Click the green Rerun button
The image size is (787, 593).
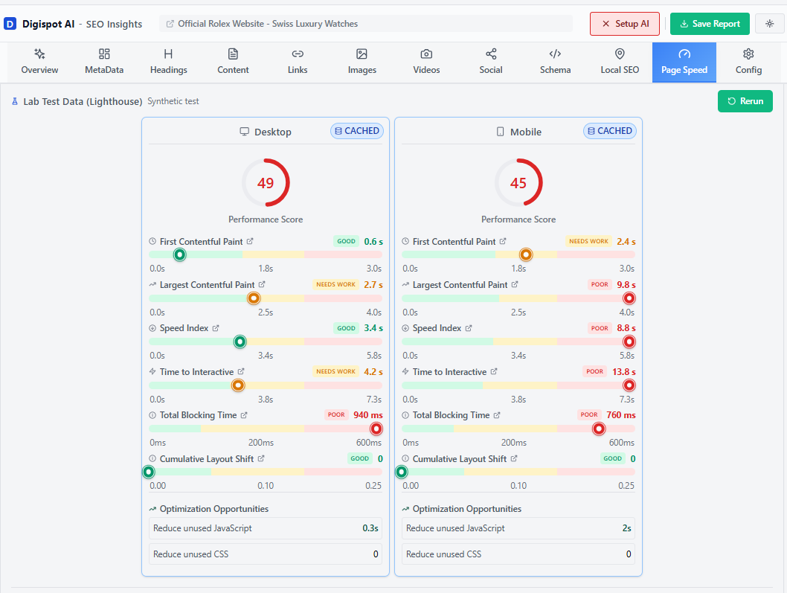745,101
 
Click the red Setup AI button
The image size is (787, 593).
625,24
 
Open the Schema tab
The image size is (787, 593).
555,62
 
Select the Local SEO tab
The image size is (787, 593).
620,62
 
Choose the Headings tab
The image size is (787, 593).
168,62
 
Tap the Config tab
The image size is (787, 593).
748,62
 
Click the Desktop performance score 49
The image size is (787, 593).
266,183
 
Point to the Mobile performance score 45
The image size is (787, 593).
518,183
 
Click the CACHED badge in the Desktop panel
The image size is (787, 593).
356,131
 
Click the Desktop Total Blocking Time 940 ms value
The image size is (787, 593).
368,415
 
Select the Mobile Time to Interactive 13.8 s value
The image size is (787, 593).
623,372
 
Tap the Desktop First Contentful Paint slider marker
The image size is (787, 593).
179,254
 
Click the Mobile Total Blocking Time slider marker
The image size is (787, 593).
599,429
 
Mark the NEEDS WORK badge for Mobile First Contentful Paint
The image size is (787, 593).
588,242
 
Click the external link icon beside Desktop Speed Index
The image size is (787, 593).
216,328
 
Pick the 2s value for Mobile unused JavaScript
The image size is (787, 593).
626,528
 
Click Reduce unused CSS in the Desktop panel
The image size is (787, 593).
190,554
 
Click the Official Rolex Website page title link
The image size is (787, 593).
268,24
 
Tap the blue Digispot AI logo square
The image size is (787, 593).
10,24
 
